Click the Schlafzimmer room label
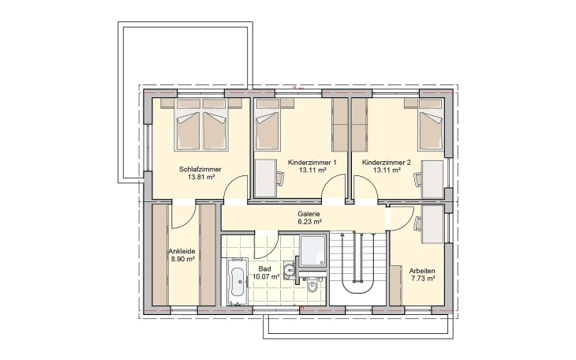pos(200,169)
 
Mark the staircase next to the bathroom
pos(357,264)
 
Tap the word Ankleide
pos(181,252)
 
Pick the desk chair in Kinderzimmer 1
pos(280,178)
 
